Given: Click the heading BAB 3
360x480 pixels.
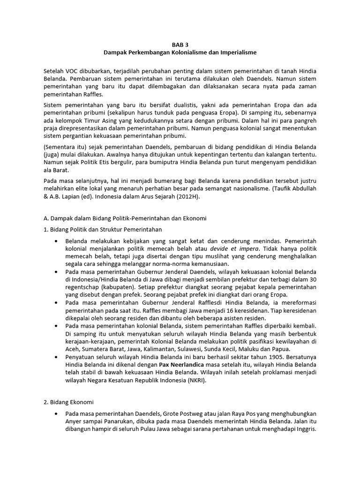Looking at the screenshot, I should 180,45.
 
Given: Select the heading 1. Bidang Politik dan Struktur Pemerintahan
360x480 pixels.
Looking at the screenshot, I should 103,230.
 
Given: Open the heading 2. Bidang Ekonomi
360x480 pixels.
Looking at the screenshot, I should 69,402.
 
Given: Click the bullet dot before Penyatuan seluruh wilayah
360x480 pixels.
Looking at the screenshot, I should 56,358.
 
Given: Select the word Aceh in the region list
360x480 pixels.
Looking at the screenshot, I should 73,349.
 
